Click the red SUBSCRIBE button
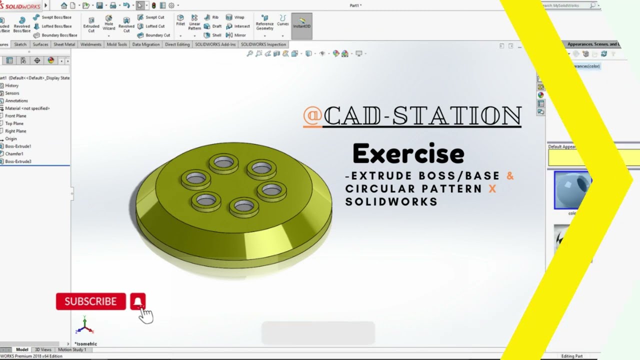click(90, 301)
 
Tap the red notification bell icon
click(138, 301)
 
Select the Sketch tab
click(20, 44)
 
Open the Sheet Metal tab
click(64, 44)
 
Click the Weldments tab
click(91, 44)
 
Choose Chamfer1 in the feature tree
click(14, 154)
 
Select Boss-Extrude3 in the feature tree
click(18, 161)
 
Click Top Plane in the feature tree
click(14, 123)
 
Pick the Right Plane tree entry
click(15, 131)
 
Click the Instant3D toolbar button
click(301, 23)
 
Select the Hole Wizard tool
click(108, 23)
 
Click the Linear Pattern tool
click(194, 23)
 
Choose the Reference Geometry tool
click(264, 23)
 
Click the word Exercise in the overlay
click(408, 154)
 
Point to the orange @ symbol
click(312, 116)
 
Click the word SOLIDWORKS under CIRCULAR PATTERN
click(391, 201)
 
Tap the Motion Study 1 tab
click(72, 350)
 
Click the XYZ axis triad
click(84, 326)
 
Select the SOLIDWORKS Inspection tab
click(263, 44)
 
